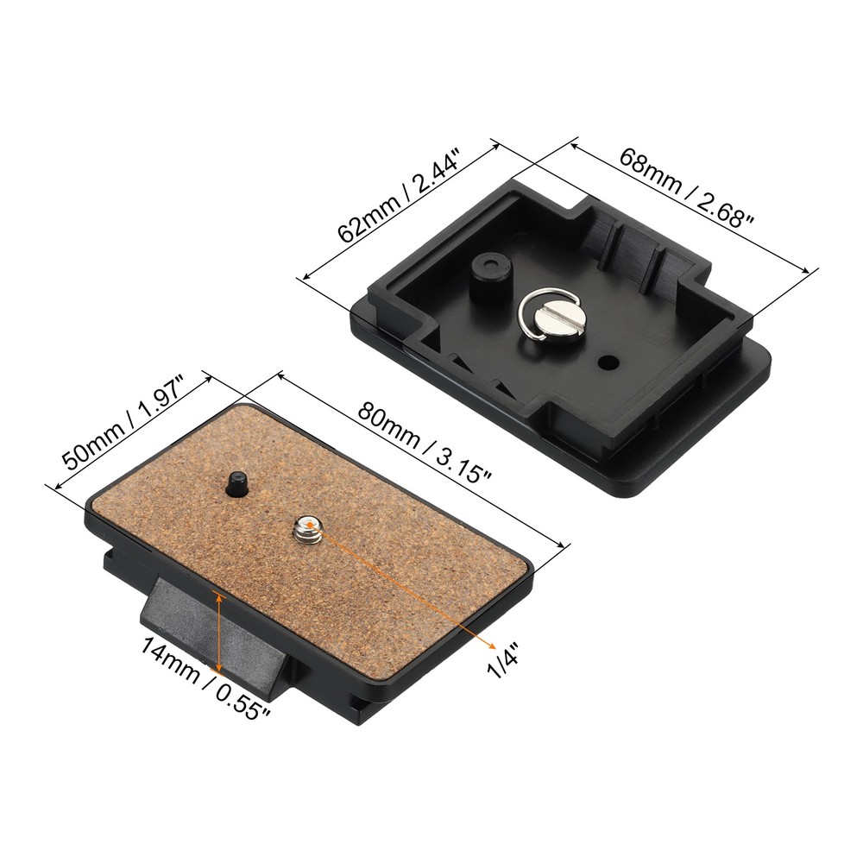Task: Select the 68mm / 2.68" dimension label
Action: (x=687, y=188)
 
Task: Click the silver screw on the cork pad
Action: (x=308, y=528)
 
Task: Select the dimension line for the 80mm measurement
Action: (x=423, y=461)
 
